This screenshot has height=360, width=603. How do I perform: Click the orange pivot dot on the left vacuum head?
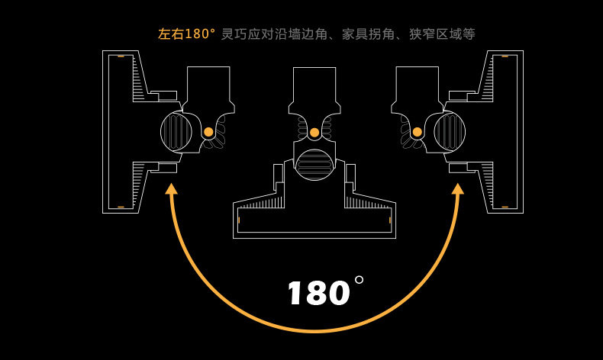[208, 132]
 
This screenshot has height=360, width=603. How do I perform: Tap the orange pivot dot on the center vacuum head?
[314, 133]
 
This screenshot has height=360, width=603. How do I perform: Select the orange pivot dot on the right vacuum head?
[417, 132]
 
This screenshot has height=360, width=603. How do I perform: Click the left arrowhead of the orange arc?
[171, 189]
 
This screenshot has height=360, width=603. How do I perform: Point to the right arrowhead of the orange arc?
[458, 189]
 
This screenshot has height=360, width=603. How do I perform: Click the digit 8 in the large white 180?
[318, 294]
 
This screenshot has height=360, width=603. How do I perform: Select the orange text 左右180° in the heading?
[186, 34]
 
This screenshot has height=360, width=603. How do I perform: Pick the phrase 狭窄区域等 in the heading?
[443, 34]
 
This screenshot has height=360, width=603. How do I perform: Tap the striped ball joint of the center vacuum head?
[314, 164]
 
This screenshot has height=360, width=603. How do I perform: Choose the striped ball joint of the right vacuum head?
[449, 131]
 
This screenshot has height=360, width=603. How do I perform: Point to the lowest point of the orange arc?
[314, 331]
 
